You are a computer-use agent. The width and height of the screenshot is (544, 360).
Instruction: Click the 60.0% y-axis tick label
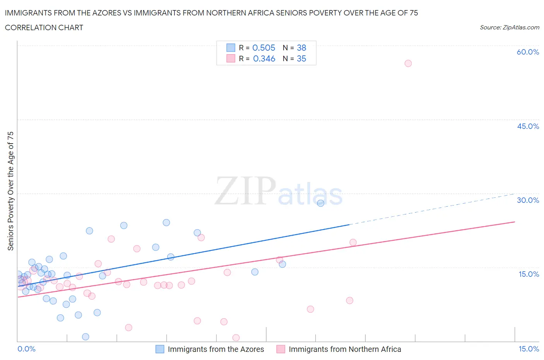528,52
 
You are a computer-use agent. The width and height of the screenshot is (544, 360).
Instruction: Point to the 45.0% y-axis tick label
528,126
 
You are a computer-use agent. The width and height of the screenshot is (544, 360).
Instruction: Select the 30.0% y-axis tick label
528,200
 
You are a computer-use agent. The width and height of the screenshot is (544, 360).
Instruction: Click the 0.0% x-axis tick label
26,349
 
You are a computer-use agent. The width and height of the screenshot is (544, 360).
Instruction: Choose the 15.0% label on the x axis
529,349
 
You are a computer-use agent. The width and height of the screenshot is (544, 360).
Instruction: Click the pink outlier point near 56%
408,63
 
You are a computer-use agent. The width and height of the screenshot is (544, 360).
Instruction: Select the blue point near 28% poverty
320,203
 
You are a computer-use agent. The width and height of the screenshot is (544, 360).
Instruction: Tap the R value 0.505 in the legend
263,48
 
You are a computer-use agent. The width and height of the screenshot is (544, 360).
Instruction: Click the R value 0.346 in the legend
264,58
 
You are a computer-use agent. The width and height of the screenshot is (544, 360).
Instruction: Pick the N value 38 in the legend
301,48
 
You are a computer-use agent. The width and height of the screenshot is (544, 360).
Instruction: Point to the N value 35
301,58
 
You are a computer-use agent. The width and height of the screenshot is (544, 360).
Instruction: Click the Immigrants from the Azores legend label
216,349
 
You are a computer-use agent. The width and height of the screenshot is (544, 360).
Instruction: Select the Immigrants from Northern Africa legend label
345,349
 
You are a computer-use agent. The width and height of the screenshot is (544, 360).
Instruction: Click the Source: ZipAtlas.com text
509,27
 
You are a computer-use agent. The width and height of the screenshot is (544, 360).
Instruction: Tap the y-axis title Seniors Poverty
10,191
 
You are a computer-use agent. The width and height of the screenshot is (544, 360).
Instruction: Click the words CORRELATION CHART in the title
44,27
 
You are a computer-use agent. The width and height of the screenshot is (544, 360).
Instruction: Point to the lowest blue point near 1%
86,337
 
